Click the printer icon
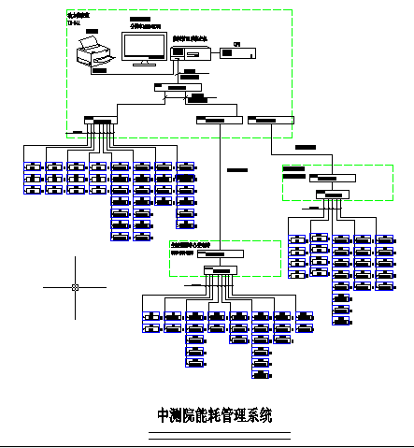point(93,52)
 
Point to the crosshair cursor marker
point(75,287)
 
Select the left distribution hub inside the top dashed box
point(99,120)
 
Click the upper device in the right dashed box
point(331,176)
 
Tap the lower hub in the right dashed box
point(333,194)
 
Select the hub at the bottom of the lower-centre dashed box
point(222,270)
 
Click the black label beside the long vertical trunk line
point(237,169)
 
